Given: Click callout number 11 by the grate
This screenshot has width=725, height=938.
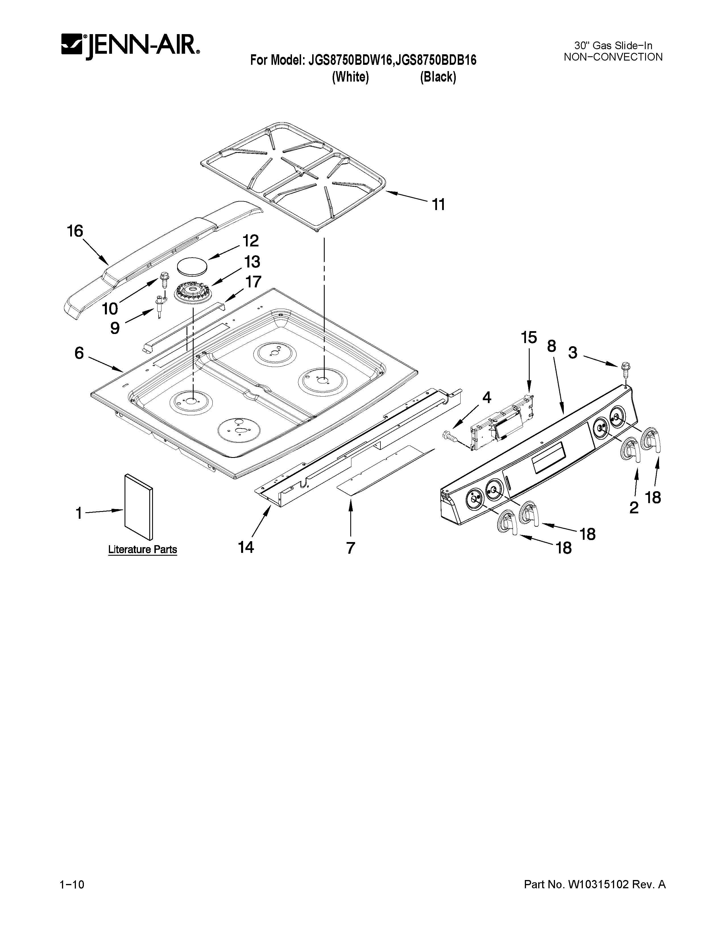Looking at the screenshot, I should (x=438, y=205).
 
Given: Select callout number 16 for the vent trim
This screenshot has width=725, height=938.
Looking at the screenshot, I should (x=75, y=231).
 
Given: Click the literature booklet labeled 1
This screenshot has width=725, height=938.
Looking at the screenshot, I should (x=138, y=507).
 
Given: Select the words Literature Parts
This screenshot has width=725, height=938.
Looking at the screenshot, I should (x=142, y=549).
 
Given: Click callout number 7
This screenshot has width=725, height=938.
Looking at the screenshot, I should (x=351, y=548).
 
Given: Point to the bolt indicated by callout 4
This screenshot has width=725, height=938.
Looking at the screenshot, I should (x=449, y=437).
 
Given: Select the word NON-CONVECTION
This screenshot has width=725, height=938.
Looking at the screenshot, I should (x=613, y=57).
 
